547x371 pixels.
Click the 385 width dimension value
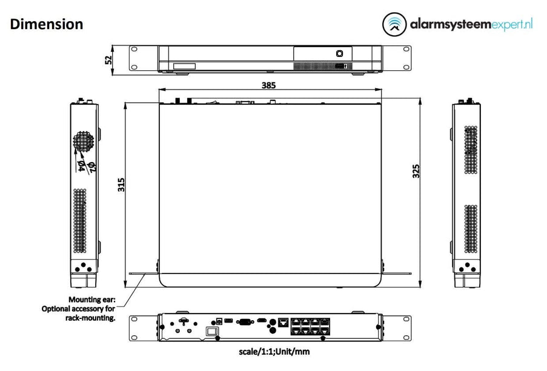pyautogui.click(x=268, y=85)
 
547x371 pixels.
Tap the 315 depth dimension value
pyautogui.click(x=121, y=184)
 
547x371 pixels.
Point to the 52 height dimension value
pyautogui.click(x=108, y=59)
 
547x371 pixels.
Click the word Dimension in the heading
pyautogui.click(x=47, y=24)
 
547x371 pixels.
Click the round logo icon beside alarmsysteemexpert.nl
pyautogui.click(x=395, y=25)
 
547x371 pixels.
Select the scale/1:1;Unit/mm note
pyautogui.click(x=273, y=351)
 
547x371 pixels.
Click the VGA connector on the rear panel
pyautogui.click(x=245, y=323)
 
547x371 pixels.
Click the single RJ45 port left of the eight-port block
pyautogui.click(x=282, y=323)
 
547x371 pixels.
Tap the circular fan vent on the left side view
pyautogui.click(x=84, y=142)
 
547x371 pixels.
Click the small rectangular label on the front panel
pyautogui.click(x=185, y=66)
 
